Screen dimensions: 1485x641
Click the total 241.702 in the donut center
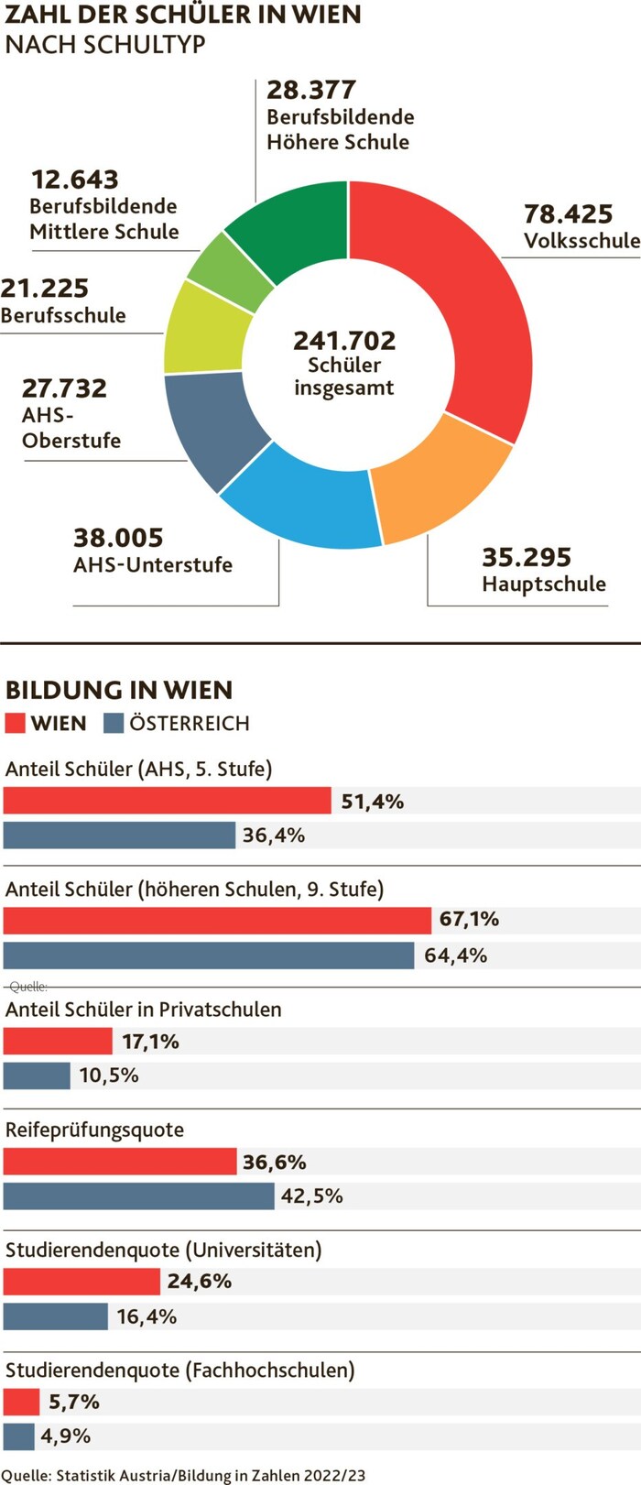point(344,341)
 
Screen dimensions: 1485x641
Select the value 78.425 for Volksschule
point(568,214)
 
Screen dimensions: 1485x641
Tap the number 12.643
point(75,180)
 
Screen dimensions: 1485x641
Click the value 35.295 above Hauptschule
point(527,557)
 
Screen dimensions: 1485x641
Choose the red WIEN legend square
point(15,723)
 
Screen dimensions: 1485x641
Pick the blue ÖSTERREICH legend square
point(114,723)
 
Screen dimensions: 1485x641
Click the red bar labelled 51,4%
point(167,801)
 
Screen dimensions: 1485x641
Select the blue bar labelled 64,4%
point(209,955)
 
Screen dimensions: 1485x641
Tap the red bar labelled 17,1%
point(58,1041)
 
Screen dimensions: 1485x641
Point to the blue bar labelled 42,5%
point(138,1196)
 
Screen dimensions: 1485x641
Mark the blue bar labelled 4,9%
point(19,1436)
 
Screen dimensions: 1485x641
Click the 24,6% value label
point(199,1281)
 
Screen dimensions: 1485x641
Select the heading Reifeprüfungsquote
point(94,1130)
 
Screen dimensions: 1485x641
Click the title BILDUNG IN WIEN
point(119,690)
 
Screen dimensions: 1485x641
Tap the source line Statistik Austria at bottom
point(183,1475)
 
